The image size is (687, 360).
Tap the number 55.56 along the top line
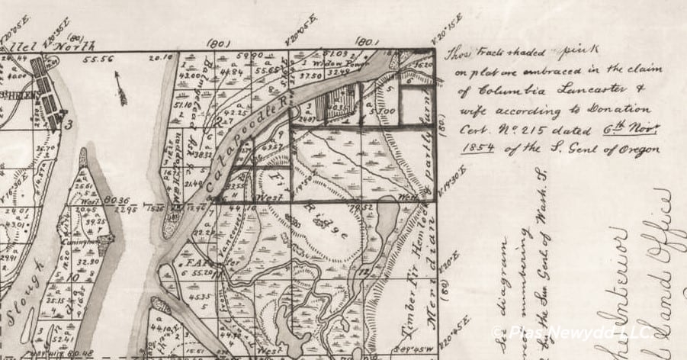[x=99, y=59]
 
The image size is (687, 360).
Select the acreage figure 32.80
[x=92, y=260]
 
